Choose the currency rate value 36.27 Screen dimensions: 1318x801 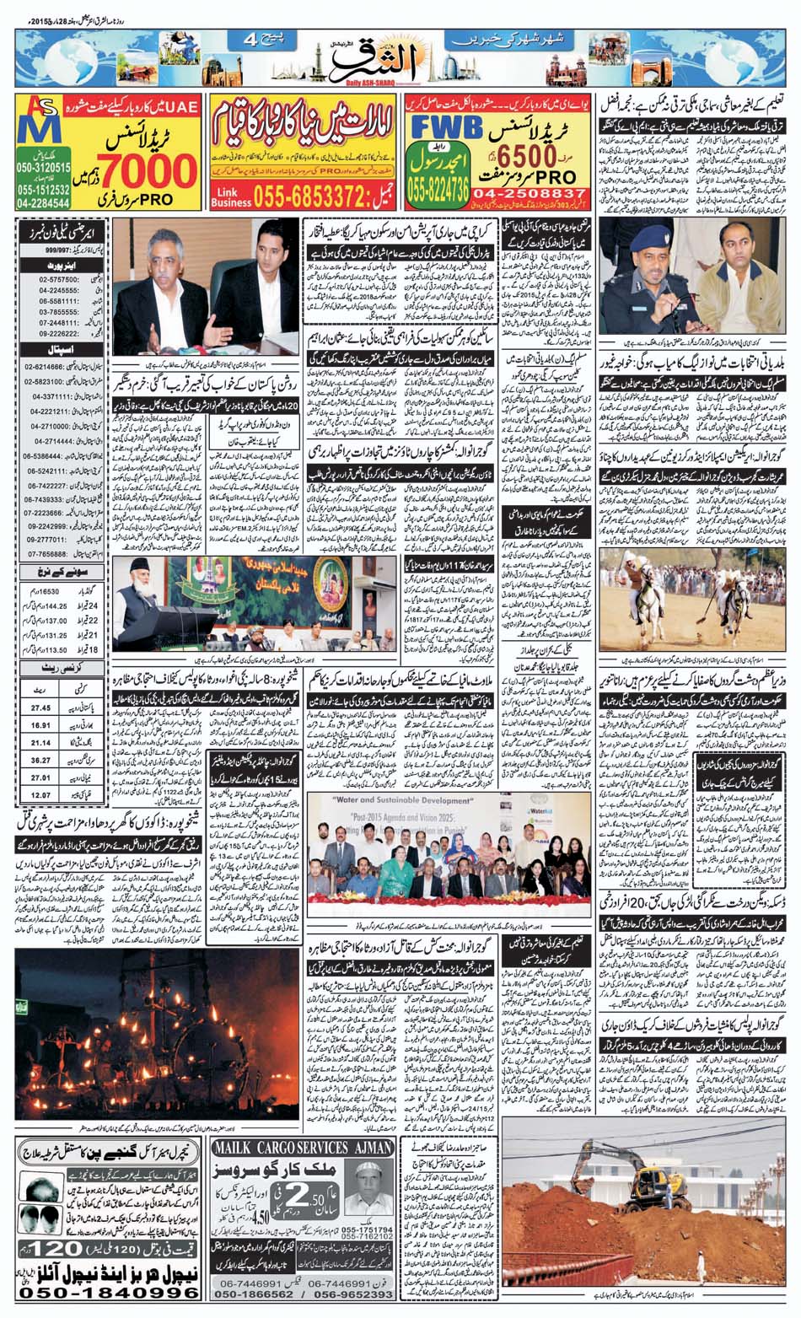click(40, 760)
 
